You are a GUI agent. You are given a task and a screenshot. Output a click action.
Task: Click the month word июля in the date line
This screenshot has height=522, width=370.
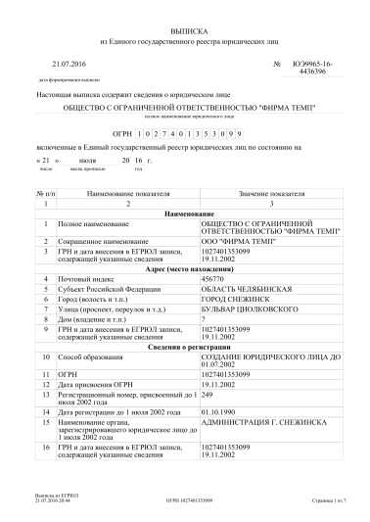coord(87,158)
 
